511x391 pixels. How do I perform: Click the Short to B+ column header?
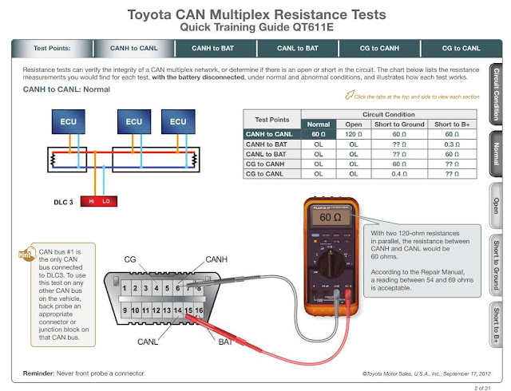tap(453, 124)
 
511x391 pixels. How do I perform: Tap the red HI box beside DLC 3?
tap(92, 202)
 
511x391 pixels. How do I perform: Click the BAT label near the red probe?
tap(226, 342)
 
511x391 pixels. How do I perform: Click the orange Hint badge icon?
tap(27, 254)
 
